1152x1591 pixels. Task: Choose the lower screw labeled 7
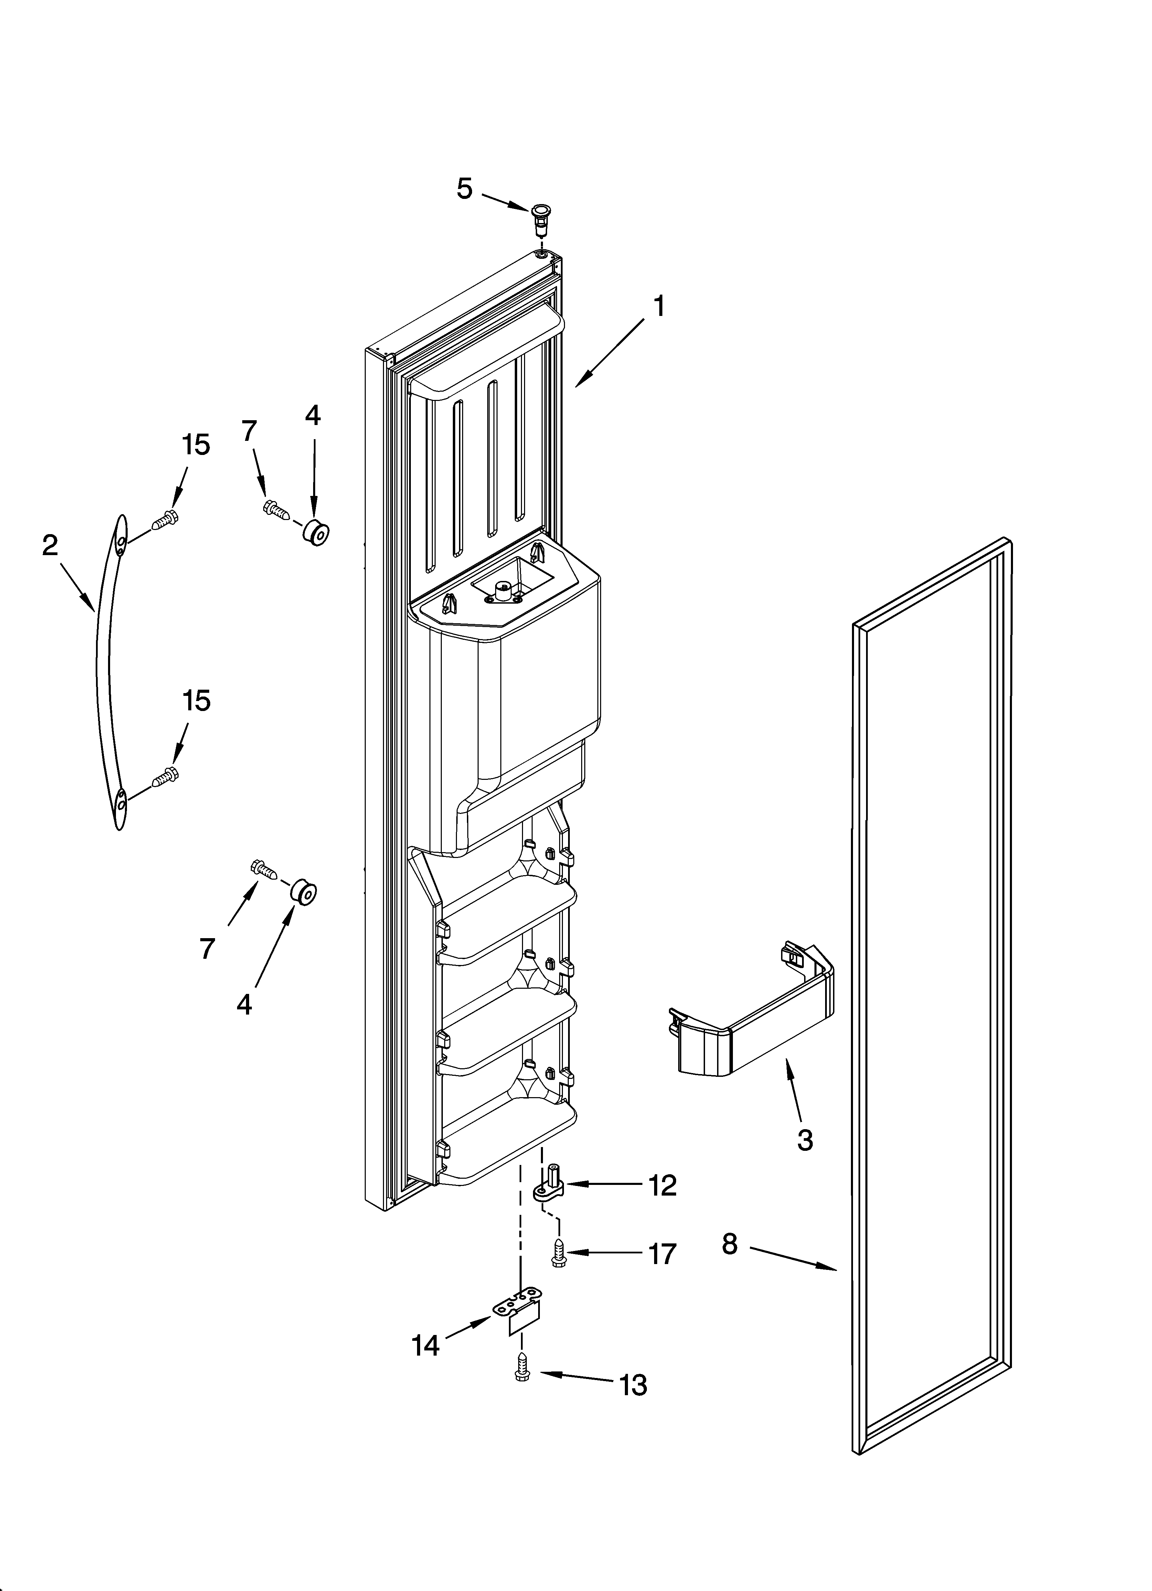tap(263, 870)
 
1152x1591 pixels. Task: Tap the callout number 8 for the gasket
tap(730, 1244)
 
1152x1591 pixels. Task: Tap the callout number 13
tap(633, 1386)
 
